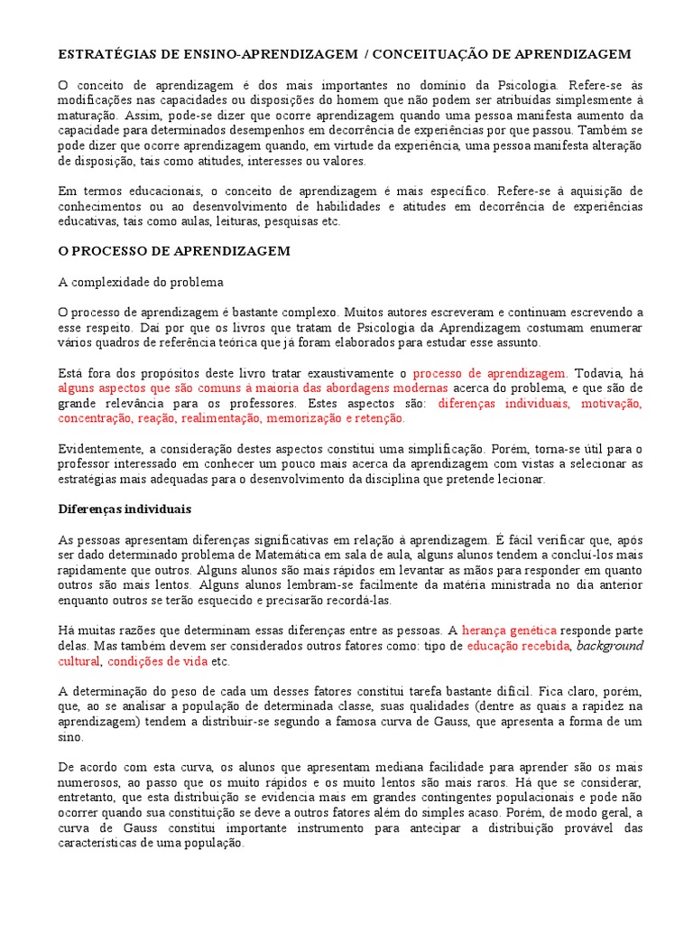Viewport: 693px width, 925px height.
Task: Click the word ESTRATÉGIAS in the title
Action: coord(99,54)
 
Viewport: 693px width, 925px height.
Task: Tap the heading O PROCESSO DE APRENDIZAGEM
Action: coord(174,251)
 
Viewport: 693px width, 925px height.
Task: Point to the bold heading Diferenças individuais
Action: coord(125,509)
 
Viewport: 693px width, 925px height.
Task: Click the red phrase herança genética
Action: coord(510,631)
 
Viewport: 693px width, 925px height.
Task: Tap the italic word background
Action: coord(610,646)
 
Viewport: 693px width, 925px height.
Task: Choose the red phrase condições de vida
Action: coord(158,661)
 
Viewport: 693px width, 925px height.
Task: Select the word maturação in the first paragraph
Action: coord(87,116)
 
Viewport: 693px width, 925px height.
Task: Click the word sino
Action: coord(69,737)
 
